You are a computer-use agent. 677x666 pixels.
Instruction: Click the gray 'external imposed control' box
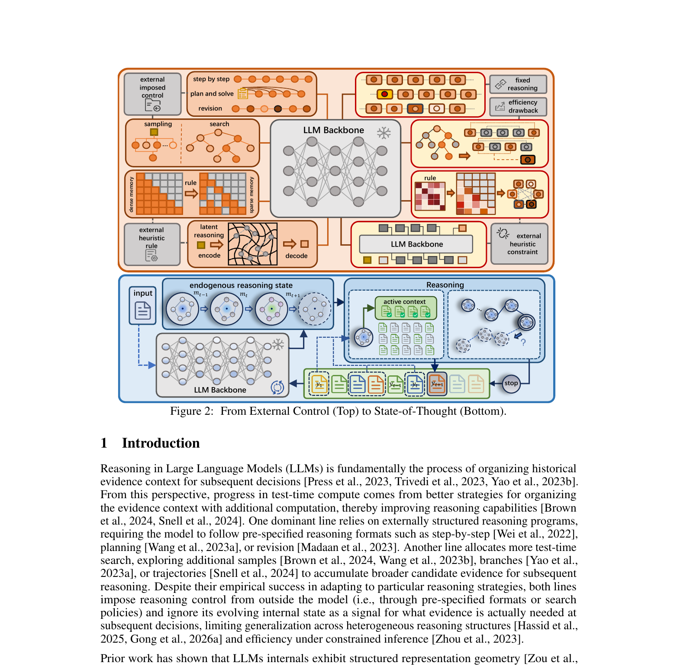click(x=152, y=94)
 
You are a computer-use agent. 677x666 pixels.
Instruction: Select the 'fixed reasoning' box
click(x=518, y=84)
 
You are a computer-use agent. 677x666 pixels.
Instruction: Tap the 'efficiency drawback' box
click(x=518, y=106)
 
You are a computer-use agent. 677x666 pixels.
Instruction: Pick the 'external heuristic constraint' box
click(x=519, y=244)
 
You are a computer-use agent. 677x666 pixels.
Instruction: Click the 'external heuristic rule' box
click(x=152, y=244)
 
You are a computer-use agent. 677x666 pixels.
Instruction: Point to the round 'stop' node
click(x=511, y=384)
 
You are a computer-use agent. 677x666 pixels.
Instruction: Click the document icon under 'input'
click(x=143, y=310)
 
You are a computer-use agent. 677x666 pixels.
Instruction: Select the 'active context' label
click(x=404, y=302)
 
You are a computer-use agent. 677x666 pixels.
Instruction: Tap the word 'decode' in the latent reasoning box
click(x=297, y=256)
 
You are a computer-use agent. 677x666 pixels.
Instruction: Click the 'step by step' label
click(x=211, y=79)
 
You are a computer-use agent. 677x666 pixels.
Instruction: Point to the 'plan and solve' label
click(x=212, y=94)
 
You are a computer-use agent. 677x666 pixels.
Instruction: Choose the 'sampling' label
click(x=158, y=124)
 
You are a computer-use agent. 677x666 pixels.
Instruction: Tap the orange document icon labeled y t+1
click(x=437, y=384)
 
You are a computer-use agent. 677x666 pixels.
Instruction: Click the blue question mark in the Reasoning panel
click(x=523, y=342)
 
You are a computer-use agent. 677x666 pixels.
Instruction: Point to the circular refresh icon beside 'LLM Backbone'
click(x=277, y=387)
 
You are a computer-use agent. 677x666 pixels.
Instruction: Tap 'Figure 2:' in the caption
click(x=192, y=411)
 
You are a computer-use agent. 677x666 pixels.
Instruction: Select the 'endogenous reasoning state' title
click(x=241, y=285)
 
